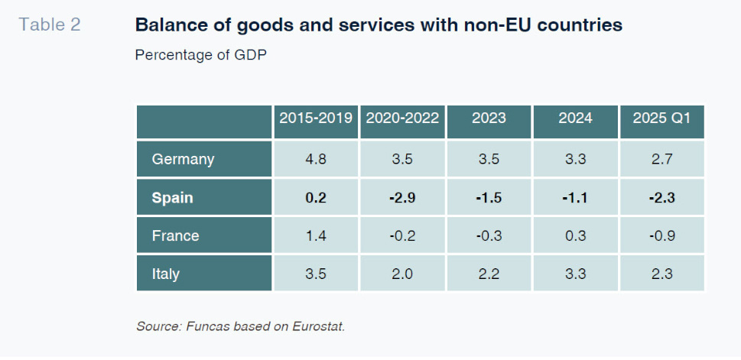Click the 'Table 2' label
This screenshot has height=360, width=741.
click(x=50, y=24)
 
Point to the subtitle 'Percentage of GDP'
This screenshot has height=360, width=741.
click(x=200, y=55)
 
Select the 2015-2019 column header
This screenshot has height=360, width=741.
click(x=316, y=118)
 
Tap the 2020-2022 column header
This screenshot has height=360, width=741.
click(x=402, y=118)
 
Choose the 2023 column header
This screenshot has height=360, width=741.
click(x=489, y=118)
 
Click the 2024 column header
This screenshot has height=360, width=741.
click(x=575, y=118)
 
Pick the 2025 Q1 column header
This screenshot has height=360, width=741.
click(x=661, y=118)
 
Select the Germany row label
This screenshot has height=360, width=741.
click(x=183, y=159)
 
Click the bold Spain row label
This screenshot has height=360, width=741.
click(x=172, y=197)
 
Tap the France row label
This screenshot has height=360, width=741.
click(x=175, y=235)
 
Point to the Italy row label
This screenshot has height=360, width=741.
click(x=166, y=273)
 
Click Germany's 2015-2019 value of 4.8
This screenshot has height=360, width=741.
click(x=316, y=159)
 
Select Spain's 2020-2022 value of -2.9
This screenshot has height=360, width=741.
click(x=402, y=197)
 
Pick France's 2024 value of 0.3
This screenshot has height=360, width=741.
click(x=575, y=235)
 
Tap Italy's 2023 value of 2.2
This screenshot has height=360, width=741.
click(x=489, y=273)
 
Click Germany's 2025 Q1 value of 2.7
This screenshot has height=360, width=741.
click(x=661, y=159)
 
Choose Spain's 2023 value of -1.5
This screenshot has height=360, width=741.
click(x=489, y=197)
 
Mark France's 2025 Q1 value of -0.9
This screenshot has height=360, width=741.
click(x=661, y=235)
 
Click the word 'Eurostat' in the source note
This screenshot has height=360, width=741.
click(x=319, y=326)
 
